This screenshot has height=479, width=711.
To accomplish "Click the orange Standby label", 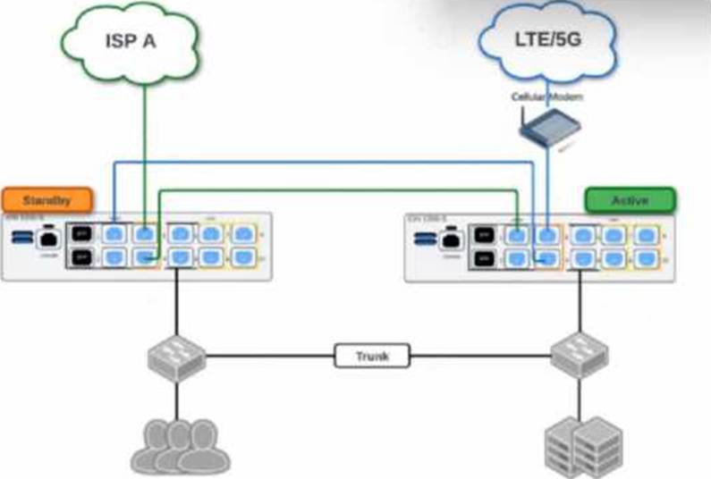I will (47, 198).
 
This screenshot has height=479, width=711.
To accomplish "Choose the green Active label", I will (630, 199).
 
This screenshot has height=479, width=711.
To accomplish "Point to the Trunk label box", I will (372, 357).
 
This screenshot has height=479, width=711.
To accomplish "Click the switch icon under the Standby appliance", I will (176, 357).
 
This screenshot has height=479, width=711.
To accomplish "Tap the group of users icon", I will (180, 444).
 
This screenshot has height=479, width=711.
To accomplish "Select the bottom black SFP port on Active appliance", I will (484, 259).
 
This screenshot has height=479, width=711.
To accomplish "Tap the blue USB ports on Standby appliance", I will (21, 238).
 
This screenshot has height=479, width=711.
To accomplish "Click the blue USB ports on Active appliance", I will (425, 239).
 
